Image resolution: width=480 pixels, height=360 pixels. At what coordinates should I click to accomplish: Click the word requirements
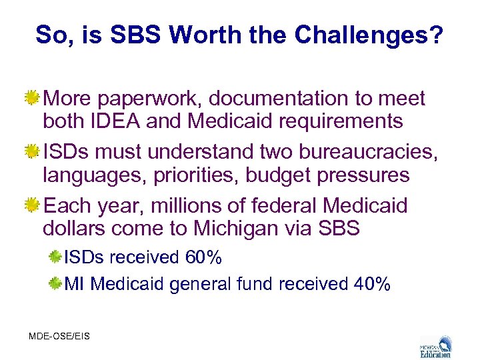click(336, 121)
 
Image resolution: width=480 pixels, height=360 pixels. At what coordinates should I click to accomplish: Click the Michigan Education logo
click(435, 345)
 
